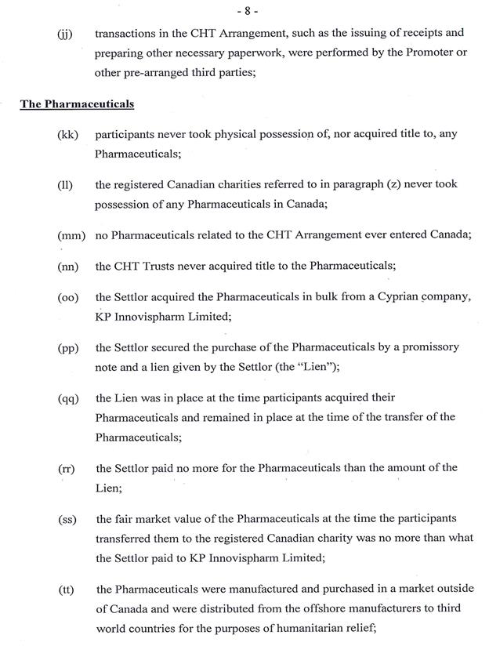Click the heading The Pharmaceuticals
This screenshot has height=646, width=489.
click(77, 103)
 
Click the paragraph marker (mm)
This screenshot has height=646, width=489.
click(71, 235)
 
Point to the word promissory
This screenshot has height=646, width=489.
click(429, 347)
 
